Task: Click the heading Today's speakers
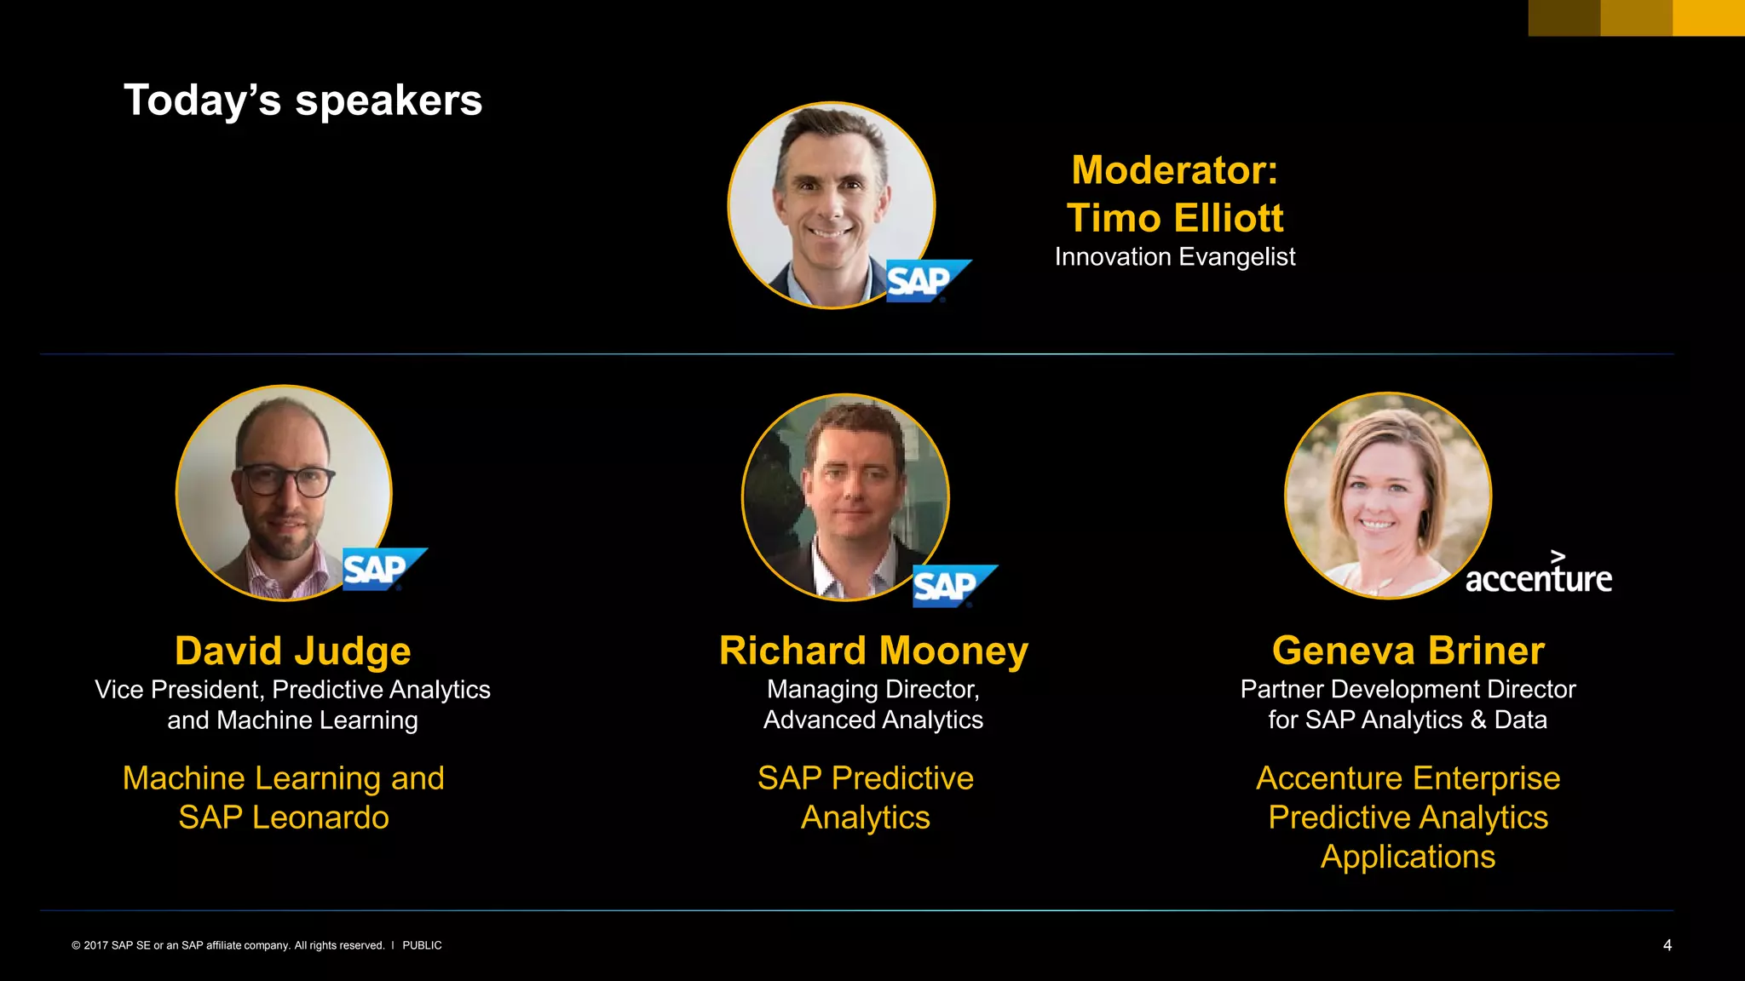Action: pos(302,100)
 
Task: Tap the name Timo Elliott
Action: pos(1175,218)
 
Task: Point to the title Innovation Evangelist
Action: pos(1175,257)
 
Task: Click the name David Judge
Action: pos(292,651)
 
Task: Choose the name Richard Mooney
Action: pos(873,651)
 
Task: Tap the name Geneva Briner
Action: pos(1408,651)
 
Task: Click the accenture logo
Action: pos(1538,576)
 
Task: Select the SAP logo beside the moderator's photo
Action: pos(926,281)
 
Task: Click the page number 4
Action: pos(1667,945)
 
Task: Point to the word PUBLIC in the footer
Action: pos(422,945)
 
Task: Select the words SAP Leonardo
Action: pos(284,817)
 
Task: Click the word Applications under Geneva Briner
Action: pos(1408,857)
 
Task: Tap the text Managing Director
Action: pos(872,689)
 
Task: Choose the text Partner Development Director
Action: pos(1408,689)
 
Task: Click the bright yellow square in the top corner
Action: pos(1708,17)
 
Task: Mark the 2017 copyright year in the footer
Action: pos(96,945)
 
